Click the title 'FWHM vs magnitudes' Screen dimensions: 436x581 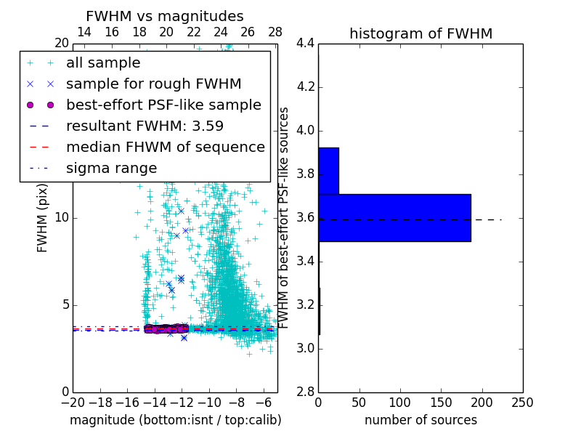165,16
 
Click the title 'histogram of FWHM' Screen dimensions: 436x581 420,33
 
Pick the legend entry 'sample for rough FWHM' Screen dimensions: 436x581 153,84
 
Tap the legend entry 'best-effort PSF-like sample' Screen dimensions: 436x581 163,105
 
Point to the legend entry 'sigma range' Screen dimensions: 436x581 111,168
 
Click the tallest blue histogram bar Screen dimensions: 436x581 394,217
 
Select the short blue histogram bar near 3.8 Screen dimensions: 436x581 328,171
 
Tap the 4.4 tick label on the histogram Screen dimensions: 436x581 305,44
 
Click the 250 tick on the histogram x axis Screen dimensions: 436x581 522,403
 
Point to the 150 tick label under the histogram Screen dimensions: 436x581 441,403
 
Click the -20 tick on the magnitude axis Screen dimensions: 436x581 73,403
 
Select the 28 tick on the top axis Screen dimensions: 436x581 275,32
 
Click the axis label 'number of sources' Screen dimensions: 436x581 420,420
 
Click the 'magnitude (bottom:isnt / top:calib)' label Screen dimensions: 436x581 175,420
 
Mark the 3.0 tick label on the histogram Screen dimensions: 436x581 305,348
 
